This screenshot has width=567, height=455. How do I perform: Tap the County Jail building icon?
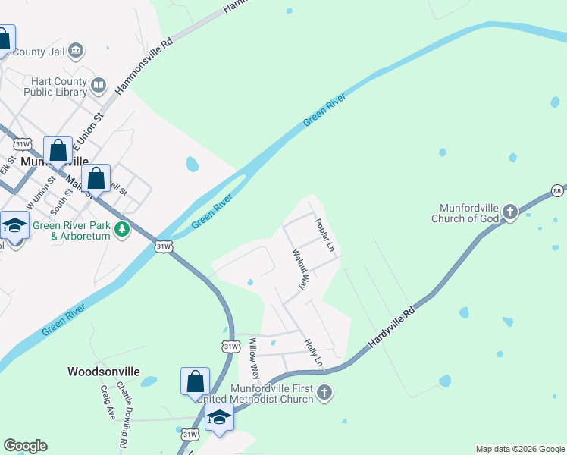pyautogui.click(x=76, y=52)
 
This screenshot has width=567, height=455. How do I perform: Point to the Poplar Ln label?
pyautogui.click(x=324, y=236)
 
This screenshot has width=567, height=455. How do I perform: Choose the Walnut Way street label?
pyautogui.click(x=301, y=270)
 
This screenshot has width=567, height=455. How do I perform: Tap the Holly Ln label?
pyautogui.click(x=313, y=353)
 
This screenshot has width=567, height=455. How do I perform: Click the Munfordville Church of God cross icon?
pyautogui.click(x=510, y=211)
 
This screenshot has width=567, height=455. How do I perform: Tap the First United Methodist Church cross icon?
pyautogui.click(x=324, y=392)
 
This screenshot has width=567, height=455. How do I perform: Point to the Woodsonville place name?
pyautogui.click(x=104, y=372)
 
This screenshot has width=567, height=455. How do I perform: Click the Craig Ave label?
pyautogui.click(x=106, y=402)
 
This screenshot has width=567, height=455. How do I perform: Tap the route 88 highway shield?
pyautogui.click(x=558, y=190)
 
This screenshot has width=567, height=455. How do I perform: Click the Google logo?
pyautogui.click(x=25, y=446)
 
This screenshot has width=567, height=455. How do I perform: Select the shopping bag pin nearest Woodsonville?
pyautogui.click(x=195, y=381)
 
